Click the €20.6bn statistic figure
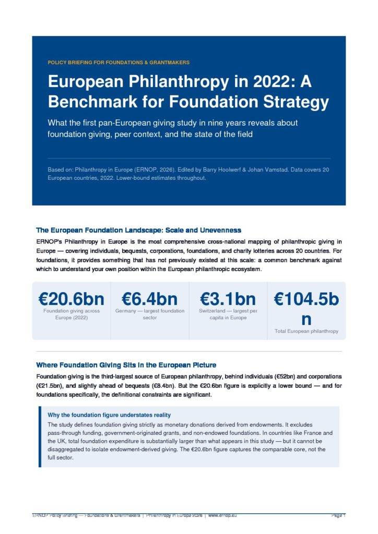point(71,299)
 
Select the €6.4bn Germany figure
point(149,299)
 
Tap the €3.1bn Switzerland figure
point(228,299)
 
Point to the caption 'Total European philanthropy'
point(306,331)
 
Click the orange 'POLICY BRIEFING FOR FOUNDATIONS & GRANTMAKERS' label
point(118,63)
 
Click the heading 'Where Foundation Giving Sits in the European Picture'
point(126,365)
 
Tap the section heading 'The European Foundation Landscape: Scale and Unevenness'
point(138,230)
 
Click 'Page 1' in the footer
point(338,516)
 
